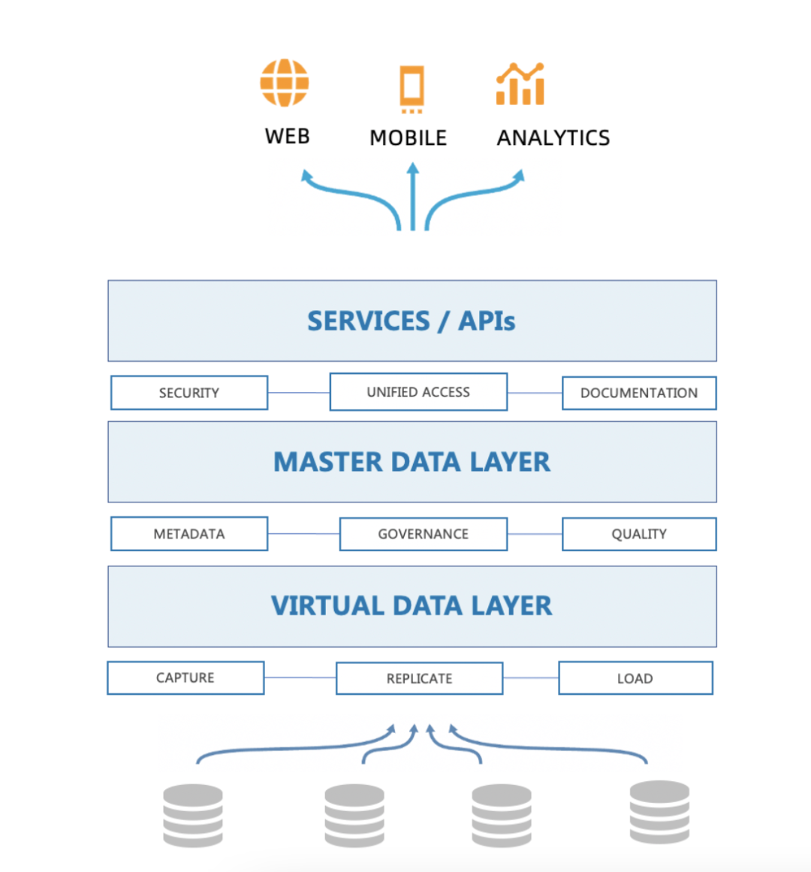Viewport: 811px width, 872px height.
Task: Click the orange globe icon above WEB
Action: pos(285,83)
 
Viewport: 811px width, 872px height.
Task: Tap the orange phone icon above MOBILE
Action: pos(412,87)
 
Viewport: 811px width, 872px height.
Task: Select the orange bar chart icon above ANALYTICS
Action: pos(520,84)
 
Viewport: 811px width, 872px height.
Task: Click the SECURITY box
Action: pos(189,393)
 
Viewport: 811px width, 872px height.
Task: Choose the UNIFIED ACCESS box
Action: pos(418,392)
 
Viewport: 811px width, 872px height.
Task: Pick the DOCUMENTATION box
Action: pos(639,393)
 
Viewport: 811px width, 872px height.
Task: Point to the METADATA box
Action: pos(189,534)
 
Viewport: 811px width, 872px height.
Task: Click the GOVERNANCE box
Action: pos(424,534)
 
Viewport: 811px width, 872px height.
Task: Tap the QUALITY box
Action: pos(639,534)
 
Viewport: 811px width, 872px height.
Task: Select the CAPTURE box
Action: pos(185,677)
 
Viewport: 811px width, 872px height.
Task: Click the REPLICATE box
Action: pos(419,678)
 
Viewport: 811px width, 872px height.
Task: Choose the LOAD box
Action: pos(635,678)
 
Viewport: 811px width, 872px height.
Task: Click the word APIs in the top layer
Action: pos(487,321)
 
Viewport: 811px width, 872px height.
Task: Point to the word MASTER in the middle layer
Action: pos(327,462)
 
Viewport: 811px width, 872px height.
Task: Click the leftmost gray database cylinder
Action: pos(193,816)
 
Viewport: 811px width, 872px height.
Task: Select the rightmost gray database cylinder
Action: pos(659,812)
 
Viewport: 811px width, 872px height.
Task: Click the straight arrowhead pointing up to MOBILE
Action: pos(412,170)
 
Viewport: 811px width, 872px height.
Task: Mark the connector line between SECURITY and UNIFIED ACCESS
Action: pos(299,392)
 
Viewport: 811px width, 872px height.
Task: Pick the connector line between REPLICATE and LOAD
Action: pos(531,678)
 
